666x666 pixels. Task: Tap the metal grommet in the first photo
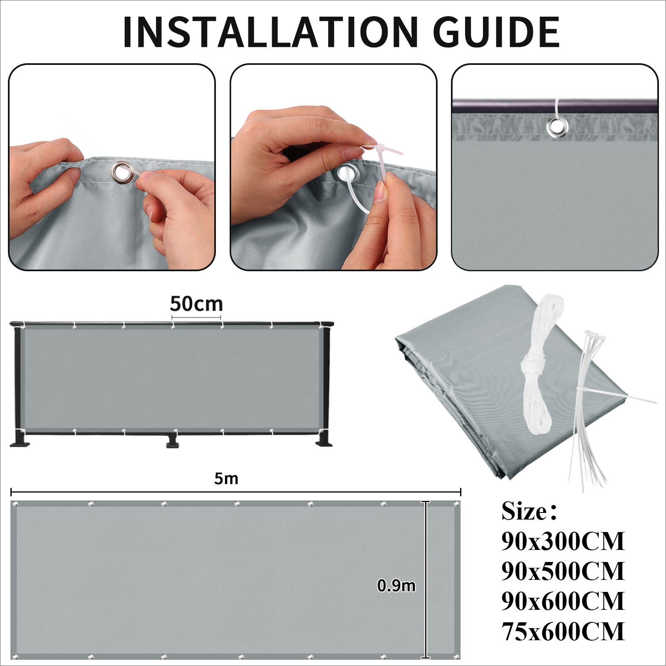(122, 172)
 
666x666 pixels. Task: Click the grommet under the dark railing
(557, 127)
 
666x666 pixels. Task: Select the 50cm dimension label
(196, 304)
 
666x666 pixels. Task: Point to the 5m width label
(226, 479)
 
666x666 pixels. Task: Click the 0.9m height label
(396, 586)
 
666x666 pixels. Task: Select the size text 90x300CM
(562, 541)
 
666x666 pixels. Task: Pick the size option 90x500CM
(562, 571)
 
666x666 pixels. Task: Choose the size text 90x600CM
(562, 601)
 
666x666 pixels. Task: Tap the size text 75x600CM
(562, 631)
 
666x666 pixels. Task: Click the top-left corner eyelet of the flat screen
(16, 504)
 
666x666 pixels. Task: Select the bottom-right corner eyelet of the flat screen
(456, 657)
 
